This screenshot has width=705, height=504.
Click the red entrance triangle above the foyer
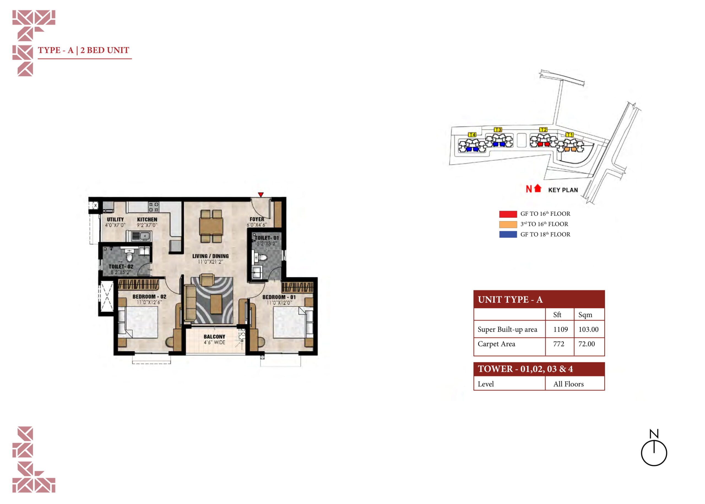click(x=261, y=195)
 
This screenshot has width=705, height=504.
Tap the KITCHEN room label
click(x=147, y=219)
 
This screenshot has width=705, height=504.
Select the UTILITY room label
click(x=115, y=219)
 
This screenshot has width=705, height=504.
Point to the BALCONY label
click(x=214, y=337)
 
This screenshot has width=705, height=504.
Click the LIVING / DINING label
click(x=210, y=256)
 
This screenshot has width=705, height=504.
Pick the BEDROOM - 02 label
click(x=149, y=297)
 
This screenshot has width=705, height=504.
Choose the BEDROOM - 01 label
click(x=279, y=297)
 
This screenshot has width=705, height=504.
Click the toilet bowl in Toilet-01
click(x=262, y=257)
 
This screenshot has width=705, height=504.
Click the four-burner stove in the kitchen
click(x=153, y=207)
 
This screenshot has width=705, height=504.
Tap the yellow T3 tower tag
click(x=498, y=130)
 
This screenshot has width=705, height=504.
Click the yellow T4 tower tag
click(x=472, y=135)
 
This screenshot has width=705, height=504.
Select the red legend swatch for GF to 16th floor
click(x=508, y=214)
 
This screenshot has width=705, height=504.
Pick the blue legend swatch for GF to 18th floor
click(x=508, y=234)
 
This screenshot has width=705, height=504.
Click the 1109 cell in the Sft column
click(x=560, y=329)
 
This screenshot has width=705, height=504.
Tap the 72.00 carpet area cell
click(x=586, y=344)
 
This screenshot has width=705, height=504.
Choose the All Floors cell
click(x=568, y=384)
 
